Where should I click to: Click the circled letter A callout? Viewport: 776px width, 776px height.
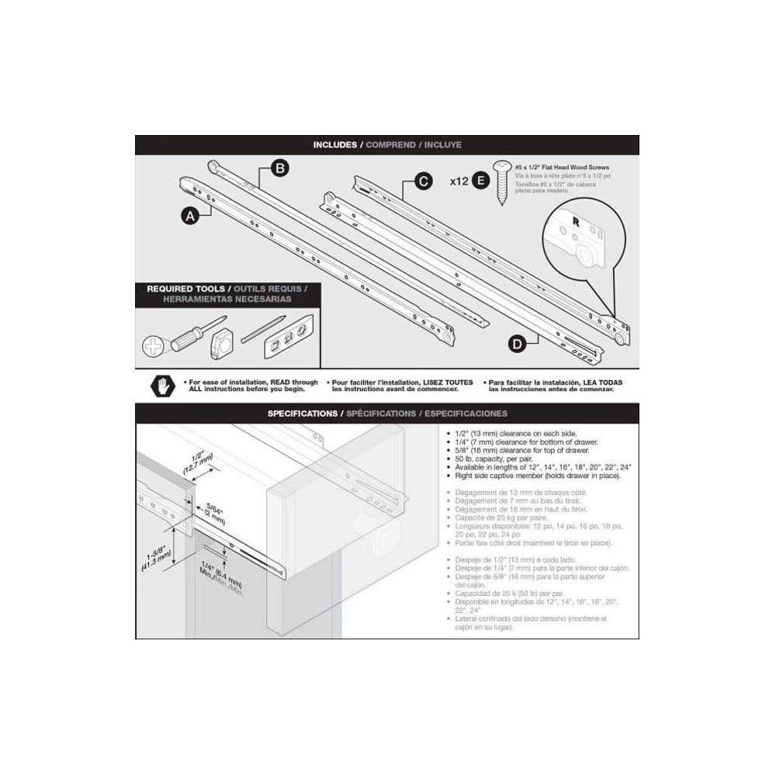tap(189, 217)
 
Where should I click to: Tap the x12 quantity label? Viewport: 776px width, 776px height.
tap(459, 182)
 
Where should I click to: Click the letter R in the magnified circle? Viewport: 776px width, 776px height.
tap(575, 220)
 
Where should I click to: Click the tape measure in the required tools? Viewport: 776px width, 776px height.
tap(221, 340)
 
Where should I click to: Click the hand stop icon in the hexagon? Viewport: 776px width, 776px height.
tap(163, 385)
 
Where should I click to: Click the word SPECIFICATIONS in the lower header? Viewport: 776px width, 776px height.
tap(303, 414)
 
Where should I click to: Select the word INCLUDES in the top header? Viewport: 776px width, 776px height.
tap(335, 145)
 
